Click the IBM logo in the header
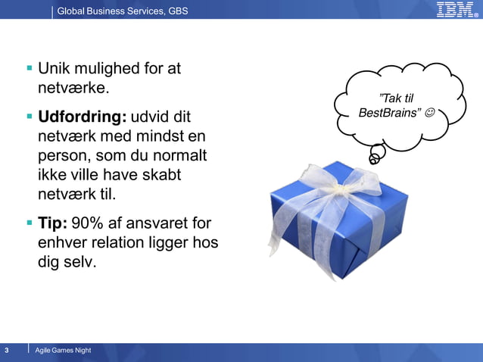456,10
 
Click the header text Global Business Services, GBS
123,11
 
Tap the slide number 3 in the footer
7,350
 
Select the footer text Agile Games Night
68,350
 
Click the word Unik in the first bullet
55,68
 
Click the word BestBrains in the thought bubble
390,113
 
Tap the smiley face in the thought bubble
430,113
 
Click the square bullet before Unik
30,68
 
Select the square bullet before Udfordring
30,117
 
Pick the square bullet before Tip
30,223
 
